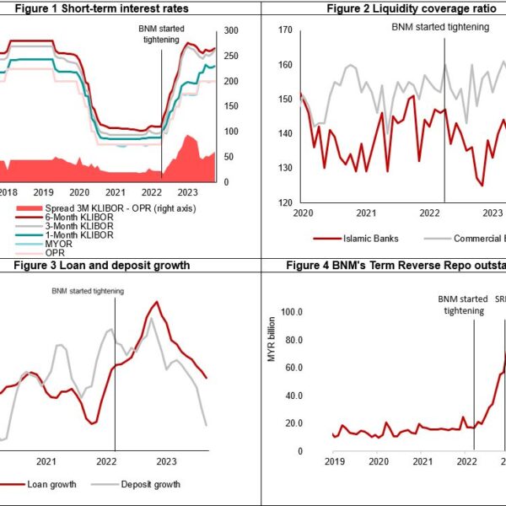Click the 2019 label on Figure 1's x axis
43,192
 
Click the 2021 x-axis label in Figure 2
366,213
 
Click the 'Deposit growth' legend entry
150,484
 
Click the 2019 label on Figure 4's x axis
335,461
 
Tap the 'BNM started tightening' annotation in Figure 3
87,291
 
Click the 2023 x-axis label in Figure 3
167,461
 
